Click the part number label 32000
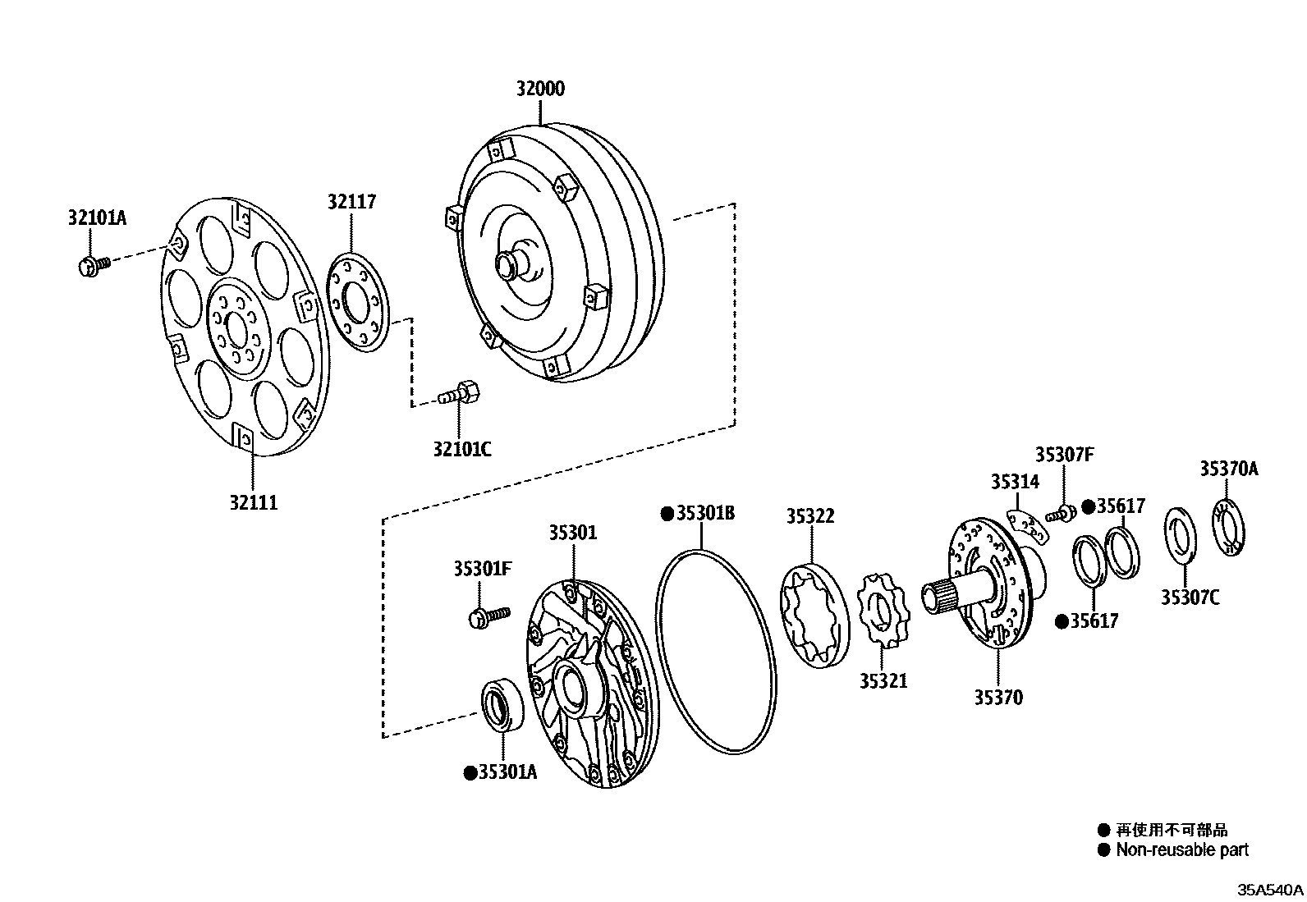tap(540, 89)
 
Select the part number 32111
tap(253, 502)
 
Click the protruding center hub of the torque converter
tap(509, 263)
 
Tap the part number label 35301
tap(573, 533)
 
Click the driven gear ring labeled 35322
tap(811, 615)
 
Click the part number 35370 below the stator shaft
tap(998, 698)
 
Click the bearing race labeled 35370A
tap(1229, 526)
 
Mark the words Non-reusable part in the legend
tap(1181, 850)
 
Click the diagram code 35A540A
tap(1270, 890)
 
